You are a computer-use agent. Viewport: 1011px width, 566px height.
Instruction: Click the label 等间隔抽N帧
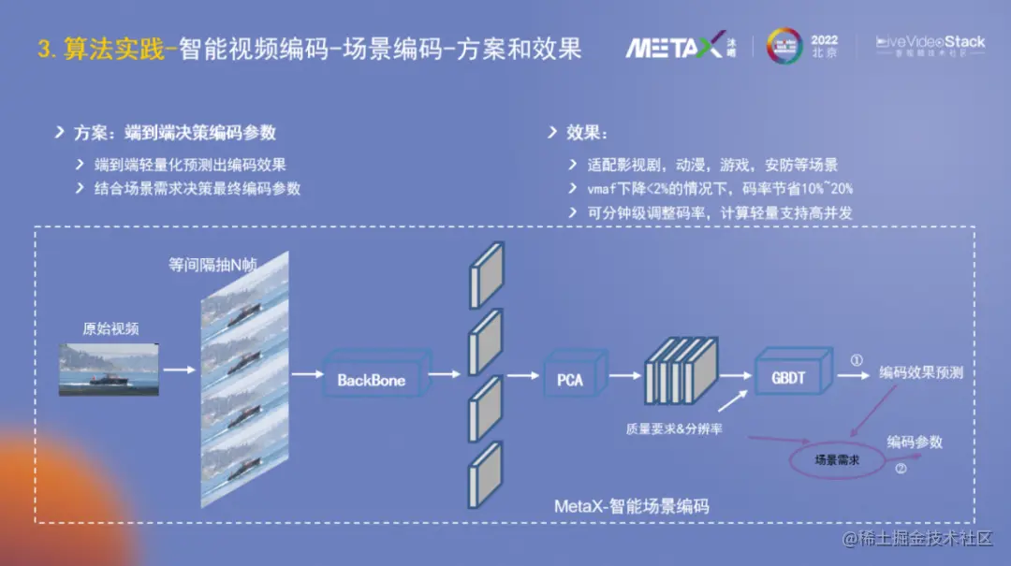(x=212, y=265)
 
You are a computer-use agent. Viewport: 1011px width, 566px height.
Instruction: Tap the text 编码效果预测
(x=921, y=372)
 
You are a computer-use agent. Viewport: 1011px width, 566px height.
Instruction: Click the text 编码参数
(x=914, y=442)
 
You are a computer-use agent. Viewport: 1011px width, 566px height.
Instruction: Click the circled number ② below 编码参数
(x=901, y=470)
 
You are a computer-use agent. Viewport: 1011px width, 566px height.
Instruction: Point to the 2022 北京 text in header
(x=824, y=47)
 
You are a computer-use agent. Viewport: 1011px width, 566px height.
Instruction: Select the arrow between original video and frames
(x=178, y=370)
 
